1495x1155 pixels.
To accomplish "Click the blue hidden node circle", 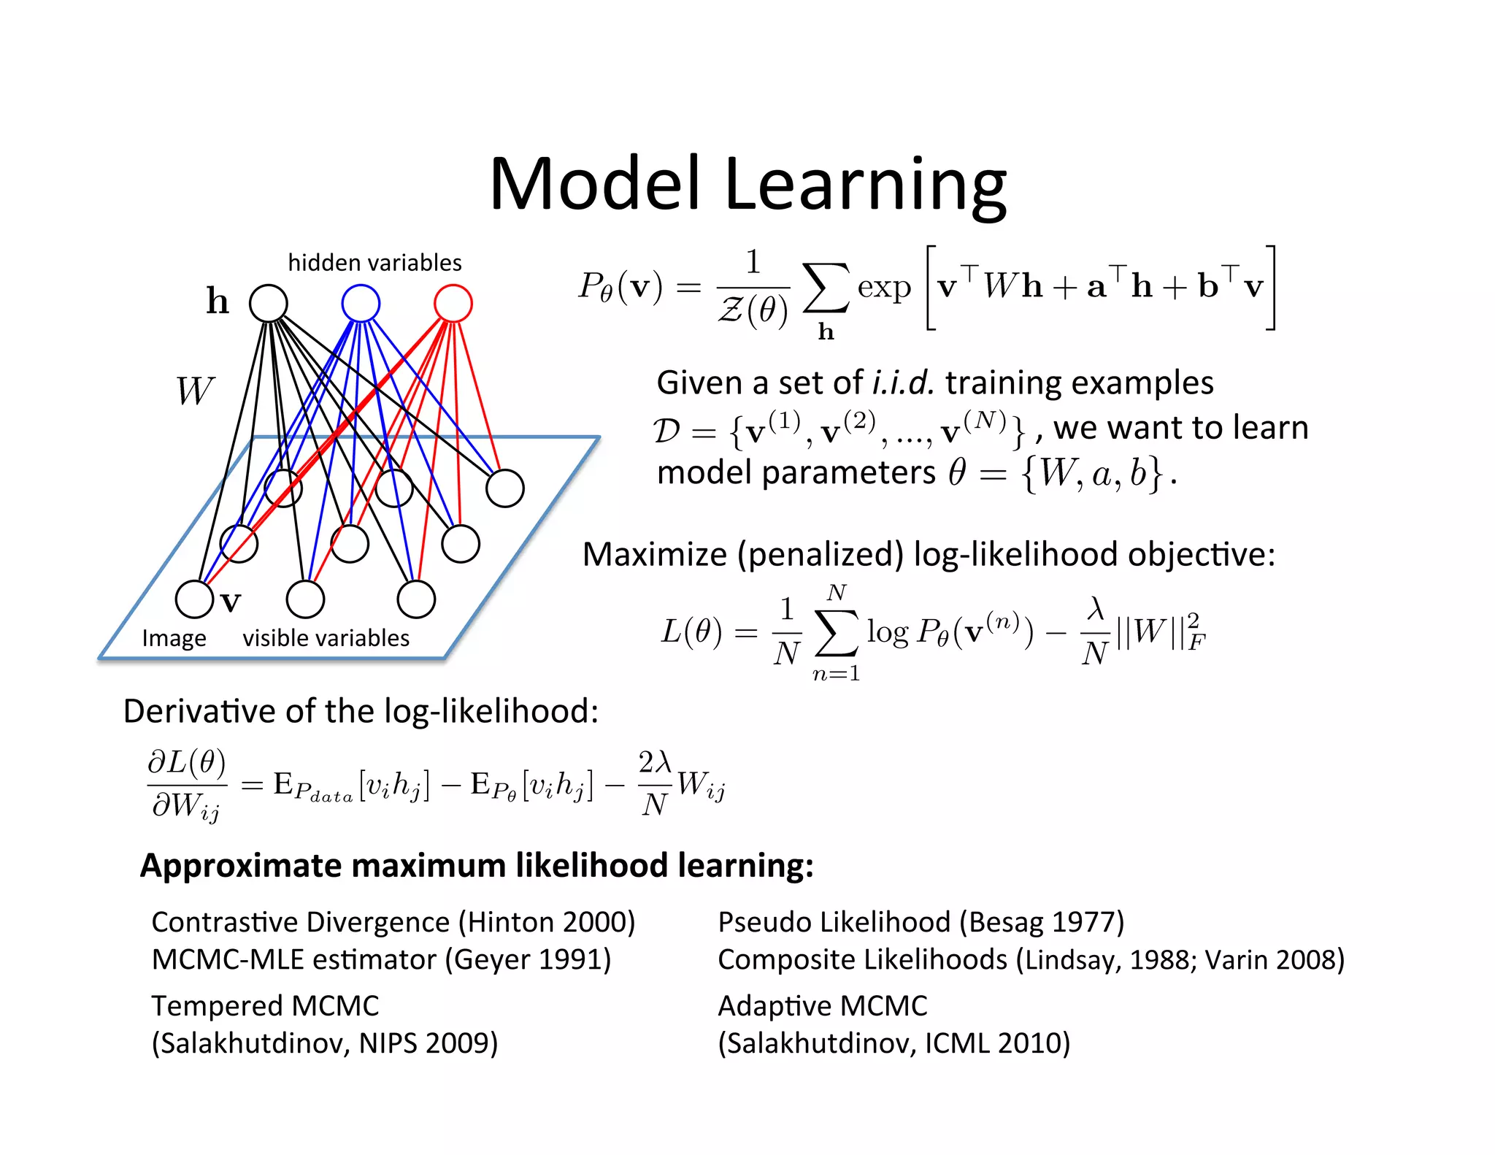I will click(x=361, y=303).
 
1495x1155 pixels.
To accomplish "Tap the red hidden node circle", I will click(x=453, y=303).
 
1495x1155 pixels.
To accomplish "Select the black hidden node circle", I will click(x=269, y=303).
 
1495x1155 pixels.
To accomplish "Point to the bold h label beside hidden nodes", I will click(x=218, y=301).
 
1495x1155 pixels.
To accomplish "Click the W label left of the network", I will click(x=195, y=391).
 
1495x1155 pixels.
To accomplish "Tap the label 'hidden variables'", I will click(x=374, y=262).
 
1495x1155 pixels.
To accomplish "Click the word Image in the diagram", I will click(x=174, y=638).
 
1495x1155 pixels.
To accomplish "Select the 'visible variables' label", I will click(x=326, y=638).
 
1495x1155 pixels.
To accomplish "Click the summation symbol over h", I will click(x=826, y=288).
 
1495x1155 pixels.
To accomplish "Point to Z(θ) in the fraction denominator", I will click(x=753, y=310).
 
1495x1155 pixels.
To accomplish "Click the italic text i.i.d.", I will click(x=903, y=383).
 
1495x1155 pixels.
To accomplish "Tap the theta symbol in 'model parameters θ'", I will click(x=957, y=472).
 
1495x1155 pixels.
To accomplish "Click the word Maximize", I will click(x=655, y=554).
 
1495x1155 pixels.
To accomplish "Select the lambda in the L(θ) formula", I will click(x=1095, y=609).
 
